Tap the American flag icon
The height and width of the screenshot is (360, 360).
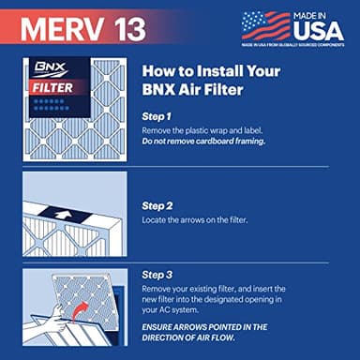pos(266,25)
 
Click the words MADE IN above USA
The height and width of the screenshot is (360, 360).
pos(319,13)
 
